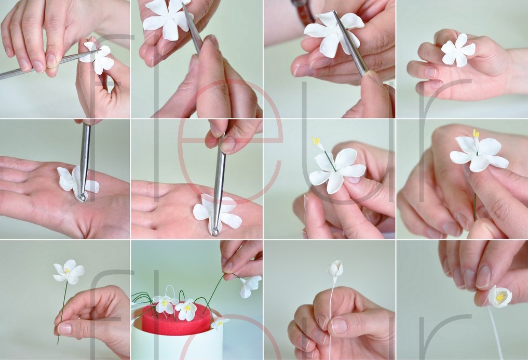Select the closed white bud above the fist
(335, 269)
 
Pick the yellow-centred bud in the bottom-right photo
(500, 297)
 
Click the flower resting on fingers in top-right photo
(457, 49)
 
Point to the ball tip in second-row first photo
(82, 197)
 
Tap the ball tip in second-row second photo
(215, 232)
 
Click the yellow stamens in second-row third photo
(316, 141)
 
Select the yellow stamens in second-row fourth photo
(476, 134)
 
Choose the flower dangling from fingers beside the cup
(250, 286)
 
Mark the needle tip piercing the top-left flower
(100, 50)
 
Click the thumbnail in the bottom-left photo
(65, 328)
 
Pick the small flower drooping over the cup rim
(219, 323)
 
